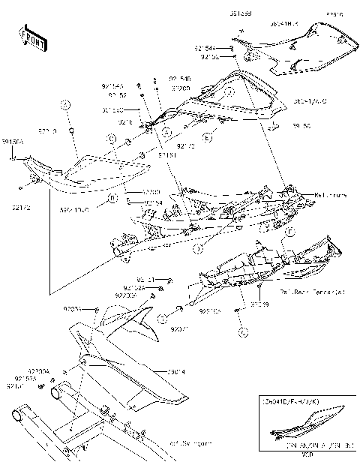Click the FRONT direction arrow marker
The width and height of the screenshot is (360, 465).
29,37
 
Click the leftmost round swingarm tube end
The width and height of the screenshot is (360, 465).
17,415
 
